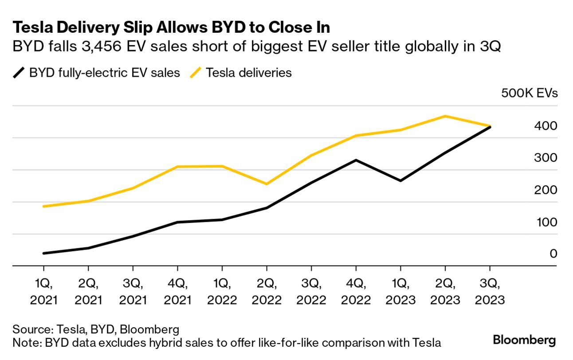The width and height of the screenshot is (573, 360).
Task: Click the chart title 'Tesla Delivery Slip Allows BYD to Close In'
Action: [x=171, y=27]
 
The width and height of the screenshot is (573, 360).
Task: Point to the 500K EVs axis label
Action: [x=529, y=94]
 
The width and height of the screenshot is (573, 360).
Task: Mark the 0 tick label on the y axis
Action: [x=553, y=254]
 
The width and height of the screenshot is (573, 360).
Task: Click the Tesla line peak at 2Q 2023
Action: [x=445, y=116]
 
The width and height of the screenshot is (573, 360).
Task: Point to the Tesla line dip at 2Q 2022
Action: [x=267, y=184]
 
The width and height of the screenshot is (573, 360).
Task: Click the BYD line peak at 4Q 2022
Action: [x=356, y=160]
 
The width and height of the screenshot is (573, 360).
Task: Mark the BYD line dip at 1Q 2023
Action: [x=400, y=181]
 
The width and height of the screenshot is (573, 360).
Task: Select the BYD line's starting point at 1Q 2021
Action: [x=43, y=253]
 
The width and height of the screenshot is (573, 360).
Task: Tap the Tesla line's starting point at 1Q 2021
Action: [x=43, y=207]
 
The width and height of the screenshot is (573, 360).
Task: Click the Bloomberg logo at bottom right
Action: [x=524, y=340]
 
